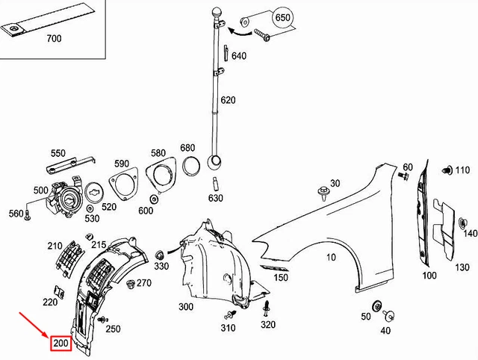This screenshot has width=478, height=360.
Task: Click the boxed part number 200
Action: click(x=60, y=344)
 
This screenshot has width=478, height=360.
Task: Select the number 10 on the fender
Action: click(x=331, y=257)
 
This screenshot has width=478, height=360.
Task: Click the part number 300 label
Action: click(x=186, y=307)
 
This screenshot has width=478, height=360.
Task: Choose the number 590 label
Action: click(x=122, y=163)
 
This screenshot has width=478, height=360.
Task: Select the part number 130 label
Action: click(x=462, y=267)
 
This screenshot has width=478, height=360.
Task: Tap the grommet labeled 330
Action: click(x=161, y=252)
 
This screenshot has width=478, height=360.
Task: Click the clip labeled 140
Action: click(x=462, y=221)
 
